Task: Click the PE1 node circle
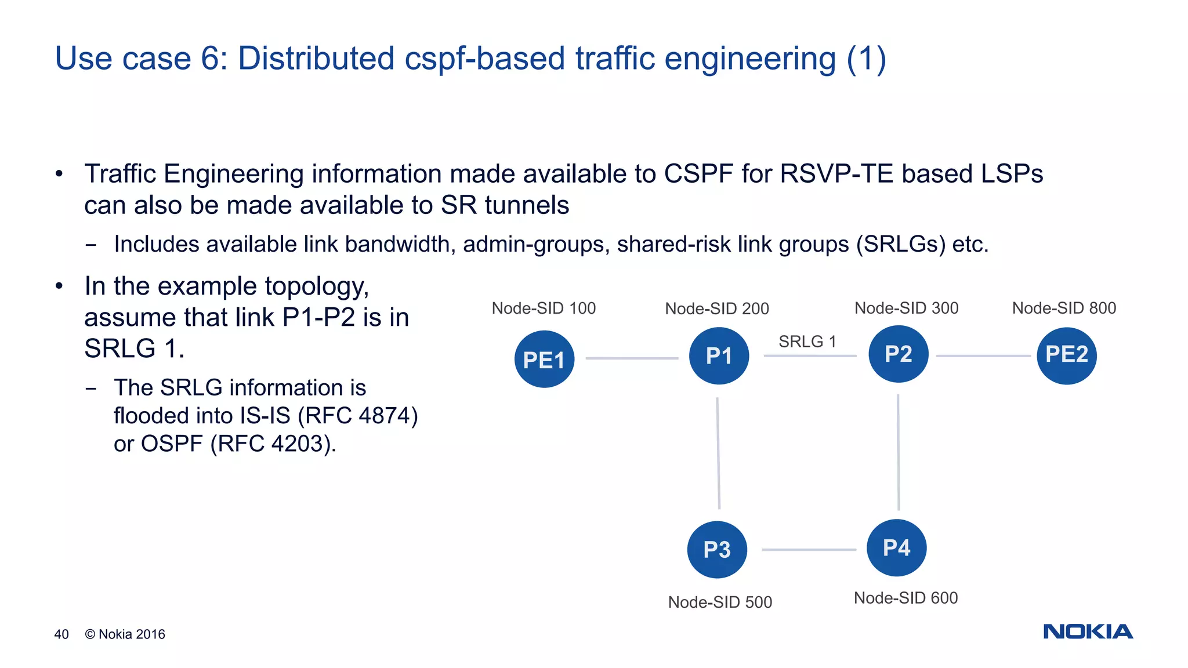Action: (544, 360)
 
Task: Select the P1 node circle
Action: (719, 356)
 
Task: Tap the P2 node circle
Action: (898, 354)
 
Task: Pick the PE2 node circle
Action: (1066, 355)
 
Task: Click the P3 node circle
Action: (717, 550)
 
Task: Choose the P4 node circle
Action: (896, 547)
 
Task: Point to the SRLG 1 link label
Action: (807, 342)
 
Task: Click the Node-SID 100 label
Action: (544, 308)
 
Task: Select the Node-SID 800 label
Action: (1064, 308)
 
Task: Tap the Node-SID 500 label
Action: (720, 602)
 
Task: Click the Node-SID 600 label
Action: (906, 598)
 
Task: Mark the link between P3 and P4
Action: (809, 550)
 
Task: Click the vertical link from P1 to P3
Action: (718, 453)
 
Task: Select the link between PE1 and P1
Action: (632, 358)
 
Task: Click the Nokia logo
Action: (1088, 631)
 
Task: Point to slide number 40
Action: (61, 634)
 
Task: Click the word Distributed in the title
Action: (316, 59)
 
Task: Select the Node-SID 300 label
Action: (906, 308)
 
